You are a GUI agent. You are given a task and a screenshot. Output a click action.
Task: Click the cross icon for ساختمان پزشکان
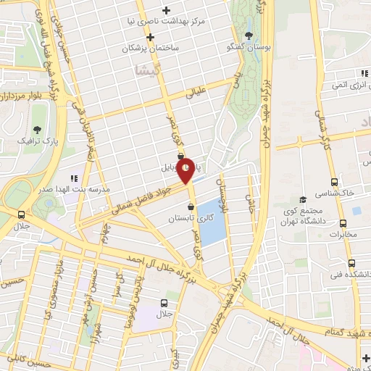coord(150,36)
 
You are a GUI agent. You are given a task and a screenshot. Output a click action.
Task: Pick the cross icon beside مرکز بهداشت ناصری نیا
coord(167,10)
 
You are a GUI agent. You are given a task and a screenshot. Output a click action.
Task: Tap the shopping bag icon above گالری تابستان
coord(191,207)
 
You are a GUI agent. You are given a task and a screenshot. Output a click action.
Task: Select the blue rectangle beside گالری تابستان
coord(211,221)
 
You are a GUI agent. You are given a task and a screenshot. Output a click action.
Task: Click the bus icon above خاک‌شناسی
coord(334,182)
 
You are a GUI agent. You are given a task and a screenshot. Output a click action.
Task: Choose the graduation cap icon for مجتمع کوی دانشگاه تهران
coord(304,196)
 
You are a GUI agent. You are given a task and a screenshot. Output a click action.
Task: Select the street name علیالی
coord(196,93)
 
